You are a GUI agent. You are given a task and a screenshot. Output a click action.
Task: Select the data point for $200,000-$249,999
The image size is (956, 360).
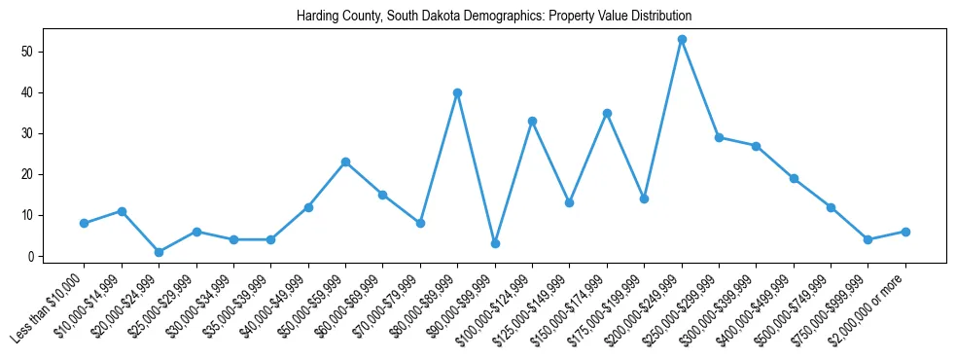point(682,40)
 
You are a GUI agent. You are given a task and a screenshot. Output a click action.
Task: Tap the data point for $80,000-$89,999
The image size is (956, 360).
point(457,92)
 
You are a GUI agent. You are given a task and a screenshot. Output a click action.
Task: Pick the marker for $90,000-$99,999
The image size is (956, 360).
point(495,243)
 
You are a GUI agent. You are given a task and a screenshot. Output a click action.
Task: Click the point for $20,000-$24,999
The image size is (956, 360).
point(159,252)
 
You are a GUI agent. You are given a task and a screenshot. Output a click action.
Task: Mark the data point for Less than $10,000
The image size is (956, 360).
point(85,223)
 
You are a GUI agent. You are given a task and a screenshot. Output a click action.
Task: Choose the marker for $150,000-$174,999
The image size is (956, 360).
point(607,113)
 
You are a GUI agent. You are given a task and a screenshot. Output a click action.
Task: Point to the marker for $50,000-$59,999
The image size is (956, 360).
point(345,162)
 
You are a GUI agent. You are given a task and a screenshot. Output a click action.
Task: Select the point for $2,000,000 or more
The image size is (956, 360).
point(905,232)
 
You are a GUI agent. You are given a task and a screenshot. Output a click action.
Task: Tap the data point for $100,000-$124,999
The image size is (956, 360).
point(532,122)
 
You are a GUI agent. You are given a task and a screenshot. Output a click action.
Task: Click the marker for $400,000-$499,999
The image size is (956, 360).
point(794,178)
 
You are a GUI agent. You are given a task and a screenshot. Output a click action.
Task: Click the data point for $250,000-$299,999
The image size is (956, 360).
point(719,137)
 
